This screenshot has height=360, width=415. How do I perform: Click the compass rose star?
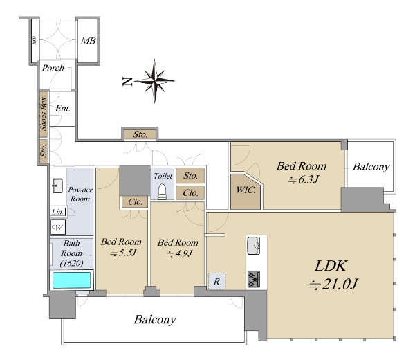155,81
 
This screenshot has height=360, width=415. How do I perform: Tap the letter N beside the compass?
127,81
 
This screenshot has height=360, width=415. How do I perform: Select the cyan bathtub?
72,280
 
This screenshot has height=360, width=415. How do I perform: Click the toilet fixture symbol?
161,192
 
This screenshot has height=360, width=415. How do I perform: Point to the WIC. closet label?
246,190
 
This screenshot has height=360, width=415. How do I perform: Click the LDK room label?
331,266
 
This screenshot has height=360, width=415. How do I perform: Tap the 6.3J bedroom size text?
304,179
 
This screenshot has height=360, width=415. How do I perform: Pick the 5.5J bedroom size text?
123,253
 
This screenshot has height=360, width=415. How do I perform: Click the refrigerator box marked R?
217,281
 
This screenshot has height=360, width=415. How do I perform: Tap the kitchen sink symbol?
254,246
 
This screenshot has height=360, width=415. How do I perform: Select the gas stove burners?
254,279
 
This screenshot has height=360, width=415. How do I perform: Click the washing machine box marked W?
58,227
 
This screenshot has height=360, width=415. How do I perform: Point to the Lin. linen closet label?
57,212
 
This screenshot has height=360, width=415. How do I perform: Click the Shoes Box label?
44,114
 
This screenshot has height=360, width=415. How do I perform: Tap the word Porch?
53,68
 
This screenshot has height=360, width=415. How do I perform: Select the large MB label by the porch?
88,41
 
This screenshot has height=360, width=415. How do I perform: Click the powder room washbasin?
57,186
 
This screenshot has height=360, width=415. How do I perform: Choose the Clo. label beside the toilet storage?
190,193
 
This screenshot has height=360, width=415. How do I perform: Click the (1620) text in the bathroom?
71,263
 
